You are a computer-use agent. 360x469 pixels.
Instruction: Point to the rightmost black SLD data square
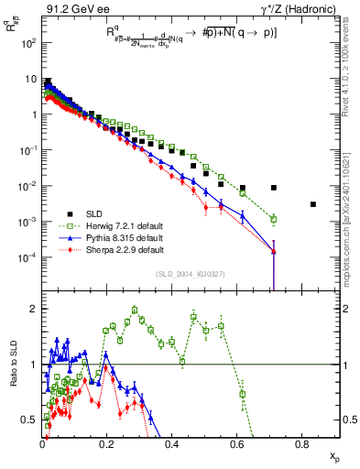tap(313, 204)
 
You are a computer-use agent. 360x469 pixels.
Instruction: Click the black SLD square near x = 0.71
tap(274, 188)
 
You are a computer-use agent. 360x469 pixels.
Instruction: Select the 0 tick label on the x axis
tap(43, 445)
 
